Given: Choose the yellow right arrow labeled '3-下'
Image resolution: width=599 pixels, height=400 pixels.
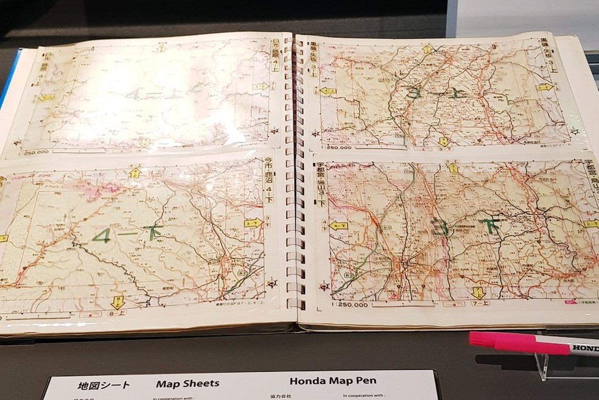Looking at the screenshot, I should tap(253, 223).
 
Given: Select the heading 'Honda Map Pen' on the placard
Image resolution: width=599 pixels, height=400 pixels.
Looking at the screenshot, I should tap(332, 382).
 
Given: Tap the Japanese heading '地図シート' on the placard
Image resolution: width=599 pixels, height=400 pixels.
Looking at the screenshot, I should tap(104, 385).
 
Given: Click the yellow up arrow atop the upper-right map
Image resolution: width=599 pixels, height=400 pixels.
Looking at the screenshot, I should tap(427, 49).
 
